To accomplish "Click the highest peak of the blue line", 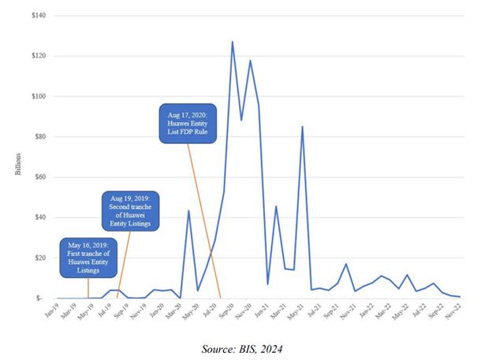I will [232, 42].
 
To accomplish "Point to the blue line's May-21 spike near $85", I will [302, 127].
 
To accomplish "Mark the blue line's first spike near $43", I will [188, 210].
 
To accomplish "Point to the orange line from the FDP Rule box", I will [205, 221].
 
